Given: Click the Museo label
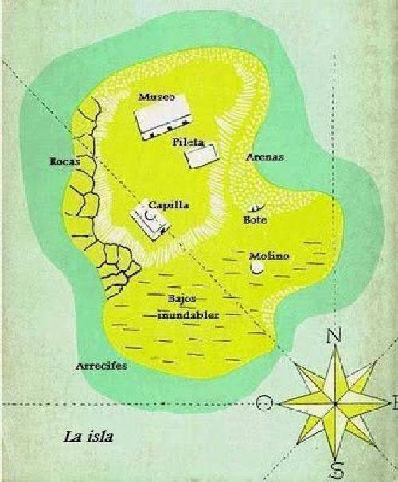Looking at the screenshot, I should point(156,96).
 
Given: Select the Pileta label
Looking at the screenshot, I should point(189,142).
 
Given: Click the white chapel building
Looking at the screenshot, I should point(149,220).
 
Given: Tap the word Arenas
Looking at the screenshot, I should point(266,157).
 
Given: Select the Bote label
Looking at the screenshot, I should point(256,220).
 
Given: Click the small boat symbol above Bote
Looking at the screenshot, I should point(255,208).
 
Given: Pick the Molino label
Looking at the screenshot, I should point(268,256).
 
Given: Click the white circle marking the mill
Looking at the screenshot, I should point(257,269).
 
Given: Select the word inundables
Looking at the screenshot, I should point(188,314).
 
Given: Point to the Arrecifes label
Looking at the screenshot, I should point(102,367).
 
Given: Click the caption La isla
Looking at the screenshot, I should point(89,436).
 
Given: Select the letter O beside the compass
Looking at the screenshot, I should point(266,404).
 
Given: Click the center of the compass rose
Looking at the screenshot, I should point(334,402).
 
